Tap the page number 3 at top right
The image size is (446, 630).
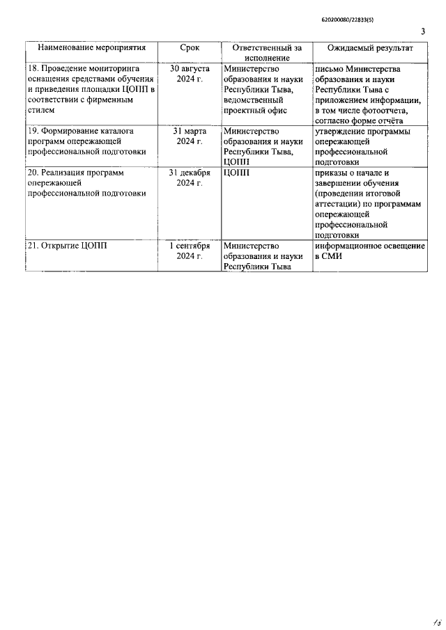tap(423, 32)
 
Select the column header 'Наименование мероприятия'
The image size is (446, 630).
tap(92, 49)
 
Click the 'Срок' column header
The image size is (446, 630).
tap(190, 49)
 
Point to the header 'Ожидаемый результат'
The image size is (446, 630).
tap(371, 49)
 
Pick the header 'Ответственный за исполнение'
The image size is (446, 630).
tap(267, 54)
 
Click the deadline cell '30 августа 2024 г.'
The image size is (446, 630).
tap(190, 74)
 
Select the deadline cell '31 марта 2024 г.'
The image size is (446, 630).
tap(190, 136)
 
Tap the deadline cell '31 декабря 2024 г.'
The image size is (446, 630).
tap(190, 178)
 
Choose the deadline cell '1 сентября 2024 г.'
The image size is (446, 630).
tap(190, 251)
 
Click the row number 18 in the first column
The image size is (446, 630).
tap(32, 69)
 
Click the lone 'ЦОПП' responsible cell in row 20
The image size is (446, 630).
tap(236, 173)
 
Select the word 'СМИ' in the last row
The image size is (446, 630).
tap(328, 256)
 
